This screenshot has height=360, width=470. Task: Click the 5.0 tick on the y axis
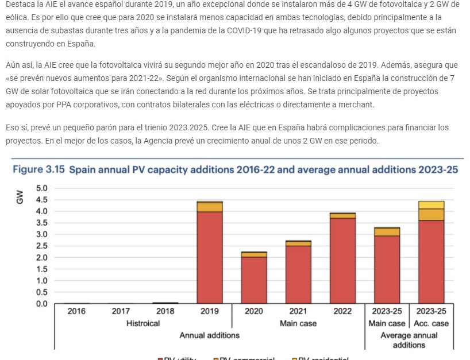click(42, 188)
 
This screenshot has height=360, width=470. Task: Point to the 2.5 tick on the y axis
click(42, 246)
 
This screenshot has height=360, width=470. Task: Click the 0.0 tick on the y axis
click(42, 303)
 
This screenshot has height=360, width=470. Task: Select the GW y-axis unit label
click(20, 198)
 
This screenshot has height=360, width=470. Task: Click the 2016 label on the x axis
click(76, 312)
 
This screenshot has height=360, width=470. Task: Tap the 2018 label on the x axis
click(165, 312)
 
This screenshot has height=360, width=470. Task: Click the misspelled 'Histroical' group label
click(143, 324)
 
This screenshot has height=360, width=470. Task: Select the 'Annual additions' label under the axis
click(209, 335)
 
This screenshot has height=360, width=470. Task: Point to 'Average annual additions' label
click(409, 340)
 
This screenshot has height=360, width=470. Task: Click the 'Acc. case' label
click(431, 324)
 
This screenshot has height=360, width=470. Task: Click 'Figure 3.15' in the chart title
click(38, 170)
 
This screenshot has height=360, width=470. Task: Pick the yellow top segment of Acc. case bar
click(431, 204)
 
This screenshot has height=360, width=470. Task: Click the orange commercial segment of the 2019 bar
click(210, 207)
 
